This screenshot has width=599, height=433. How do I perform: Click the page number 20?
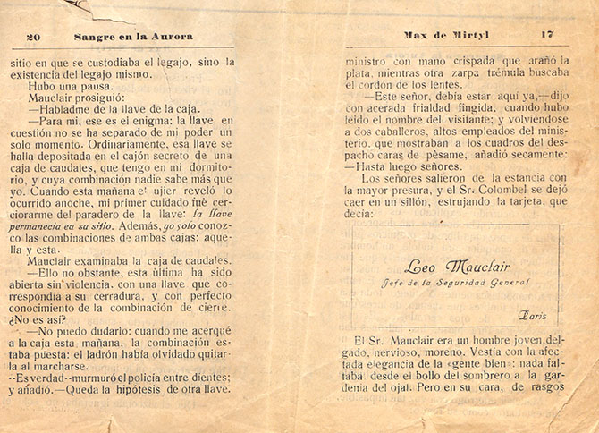pyautogui.click(x=34, y=37)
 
